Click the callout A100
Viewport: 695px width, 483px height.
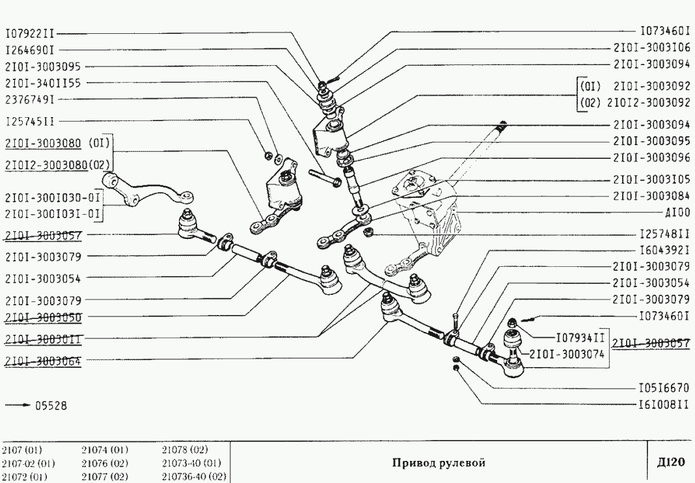677,212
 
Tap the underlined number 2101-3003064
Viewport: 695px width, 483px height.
43,359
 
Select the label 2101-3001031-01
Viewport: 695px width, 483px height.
53,213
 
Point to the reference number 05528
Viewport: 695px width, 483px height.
49,406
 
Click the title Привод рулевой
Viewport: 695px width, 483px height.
439,463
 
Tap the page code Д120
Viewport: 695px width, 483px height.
670,463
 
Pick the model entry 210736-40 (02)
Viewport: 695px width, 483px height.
194,476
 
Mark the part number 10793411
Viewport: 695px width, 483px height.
580,338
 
